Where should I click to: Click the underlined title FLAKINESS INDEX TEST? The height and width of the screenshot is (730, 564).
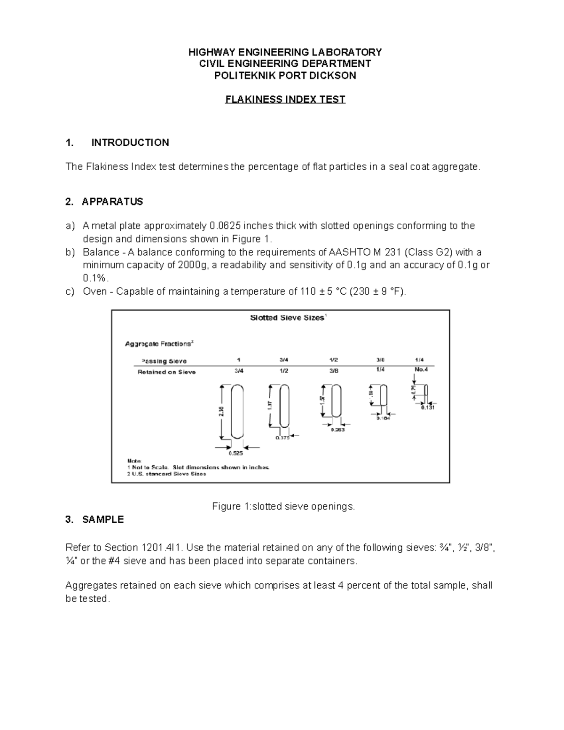pyautogui.click(x=285, y=100)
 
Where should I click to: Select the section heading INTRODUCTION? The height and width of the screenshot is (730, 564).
pyautogui.click(x=130, y=143)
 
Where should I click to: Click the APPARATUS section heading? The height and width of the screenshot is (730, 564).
pyautogui.click(x=112, y=202)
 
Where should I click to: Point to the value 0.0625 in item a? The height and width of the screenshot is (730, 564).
pyautogui.click(x=224, y=226)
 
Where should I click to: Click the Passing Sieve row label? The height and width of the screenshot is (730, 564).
pyautogui.click(x=164, y=361)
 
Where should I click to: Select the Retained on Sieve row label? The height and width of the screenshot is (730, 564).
pyautogui.click(x=166, y=372)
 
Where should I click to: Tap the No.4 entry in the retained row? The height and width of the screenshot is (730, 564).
pyautogui.click(x=421, y=369)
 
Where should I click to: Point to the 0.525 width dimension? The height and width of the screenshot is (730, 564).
pyautogui.click(x=236, y=454)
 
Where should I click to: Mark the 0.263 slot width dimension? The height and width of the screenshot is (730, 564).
pyautogui.click(x=337, y=430)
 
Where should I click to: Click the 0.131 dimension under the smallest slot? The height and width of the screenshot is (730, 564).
pyautogui.click(x=428, y=408)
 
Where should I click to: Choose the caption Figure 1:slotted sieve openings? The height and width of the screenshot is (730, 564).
pyautogui.click(x=283, y=507)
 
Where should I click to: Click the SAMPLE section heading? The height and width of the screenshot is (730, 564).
pyautogui.click(x=103, y=520)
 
